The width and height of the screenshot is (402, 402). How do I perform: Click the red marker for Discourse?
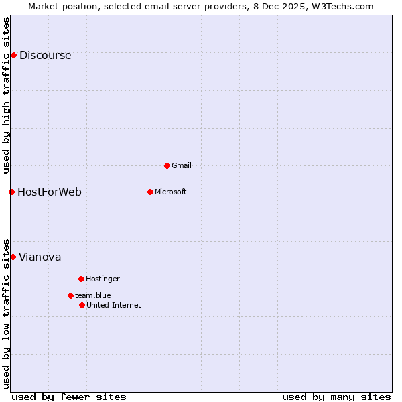pyautogui.click(x=13, y=55)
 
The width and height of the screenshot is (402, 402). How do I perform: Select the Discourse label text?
pyautogui.click(x=45, y=56)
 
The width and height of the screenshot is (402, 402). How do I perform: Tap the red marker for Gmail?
pyautogui.click(x=167, y=165)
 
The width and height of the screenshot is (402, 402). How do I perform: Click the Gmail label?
pyautogui.click(x=182, y=165)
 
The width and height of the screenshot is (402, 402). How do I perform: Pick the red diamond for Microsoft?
pyautogui.click(x=150, y=192)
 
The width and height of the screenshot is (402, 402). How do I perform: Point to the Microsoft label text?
pyautogui.click(x=171, y=192)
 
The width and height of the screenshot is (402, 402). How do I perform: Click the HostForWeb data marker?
pyautogui.click(x=11, y=192)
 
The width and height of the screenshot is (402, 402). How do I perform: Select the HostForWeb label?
pyautogui.click(x=50, y=192)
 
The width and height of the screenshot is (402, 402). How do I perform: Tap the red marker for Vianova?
pyautogui.click(x=13, y=257)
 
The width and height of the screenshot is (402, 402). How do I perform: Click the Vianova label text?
pyautogui.click(x=40, y=257)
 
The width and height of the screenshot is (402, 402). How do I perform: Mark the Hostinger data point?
pyautogui.click(x=81, y=279)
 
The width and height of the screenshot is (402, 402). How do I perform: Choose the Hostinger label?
pyautogui.click(x=103, y=279)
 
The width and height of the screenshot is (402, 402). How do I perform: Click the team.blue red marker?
pyautogui.click(x=70, y=295)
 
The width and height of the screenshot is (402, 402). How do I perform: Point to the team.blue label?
pyautogui.click(x=93, y=295)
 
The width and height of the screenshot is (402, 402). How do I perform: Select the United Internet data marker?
pyautogui.click(x=82, y=305)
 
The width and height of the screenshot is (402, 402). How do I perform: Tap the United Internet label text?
pyautogui.click(x=114, y=305)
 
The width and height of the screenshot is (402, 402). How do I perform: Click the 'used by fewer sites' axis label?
pyautogui.click(x=69, y=397)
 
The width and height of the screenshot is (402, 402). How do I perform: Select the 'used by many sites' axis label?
pyautogui.click(x=336, y=397)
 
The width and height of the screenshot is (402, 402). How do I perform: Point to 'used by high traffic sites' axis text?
pyautogui.click(x=7, y=95)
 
